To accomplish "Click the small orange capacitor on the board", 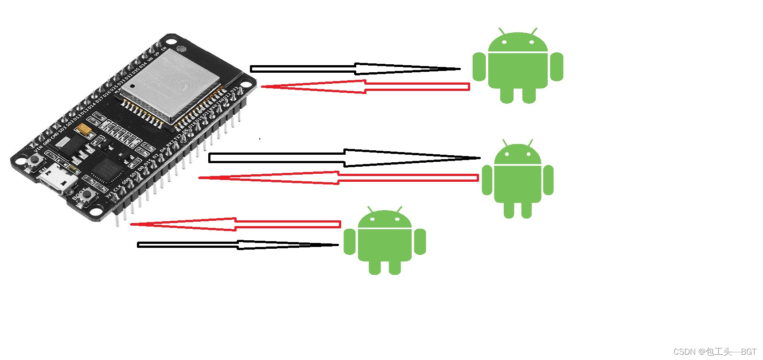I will click(84, 129).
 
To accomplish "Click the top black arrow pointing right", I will click(354, 69).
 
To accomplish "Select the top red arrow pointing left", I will click(366, 86).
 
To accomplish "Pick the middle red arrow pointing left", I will click(339, 178).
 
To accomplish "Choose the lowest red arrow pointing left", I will click(235, 224).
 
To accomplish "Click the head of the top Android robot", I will click(518, 43).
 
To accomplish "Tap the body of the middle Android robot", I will click(518, 184).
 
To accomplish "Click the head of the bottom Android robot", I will click(385, 220).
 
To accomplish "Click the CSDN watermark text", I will click(714, 352).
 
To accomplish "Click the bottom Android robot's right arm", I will click(420, 242).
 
